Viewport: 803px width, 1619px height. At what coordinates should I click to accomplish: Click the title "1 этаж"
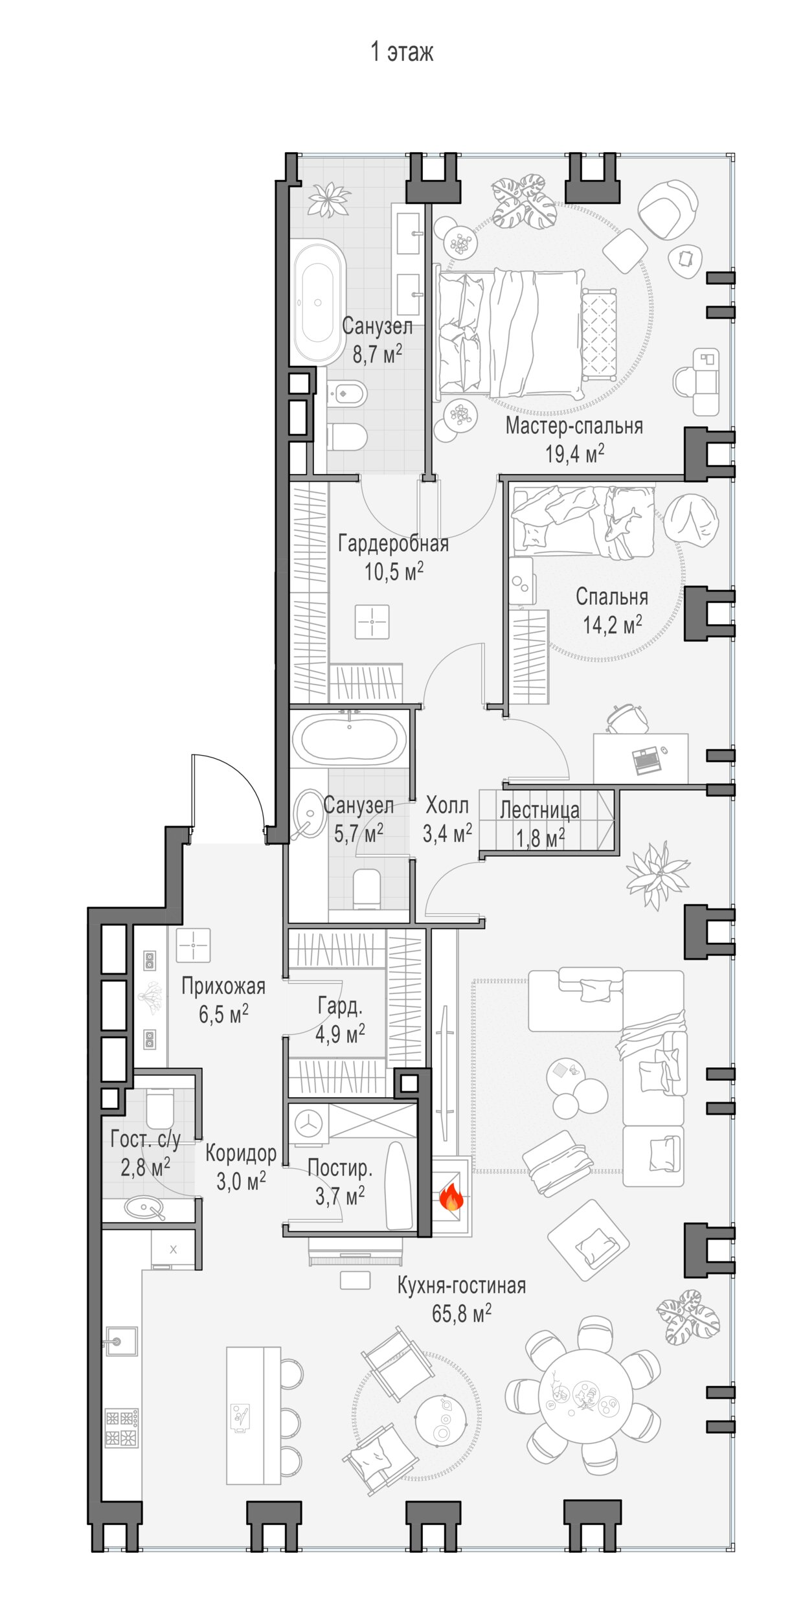pyautogui.click(x=401, y=52)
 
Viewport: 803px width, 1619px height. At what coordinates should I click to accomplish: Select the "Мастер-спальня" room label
pyautogui.click(x=574, y=426)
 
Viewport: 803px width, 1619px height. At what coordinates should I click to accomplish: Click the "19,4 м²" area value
pyautogui.click(x=574, y=453)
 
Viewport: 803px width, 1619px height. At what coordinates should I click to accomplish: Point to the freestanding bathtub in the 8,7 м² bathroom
pyautogui.click(x=318, y=302)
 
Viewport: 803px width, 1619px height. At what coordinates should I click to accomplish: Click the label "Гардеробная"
pyautogui.click(x=393, y=543)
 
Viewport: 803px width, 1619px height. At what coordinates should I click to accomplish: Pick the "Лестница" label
pyautogui.click(x=539, y=810)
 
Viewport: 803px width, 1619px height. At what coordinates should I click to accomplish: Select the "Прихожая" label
pyautogui.click(x=223, y=986)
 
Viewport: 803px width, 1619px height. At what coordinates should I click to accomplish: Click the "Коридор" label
pyautogui.click(x=241, y=1153)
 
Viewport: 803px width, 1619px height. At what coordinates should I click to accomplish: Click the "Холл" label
pyautogui.click(x=447, y=806)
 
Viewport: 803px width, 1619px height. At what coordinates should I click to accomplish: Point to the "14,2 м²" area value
pyautogui.click(x=612, y=625)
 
